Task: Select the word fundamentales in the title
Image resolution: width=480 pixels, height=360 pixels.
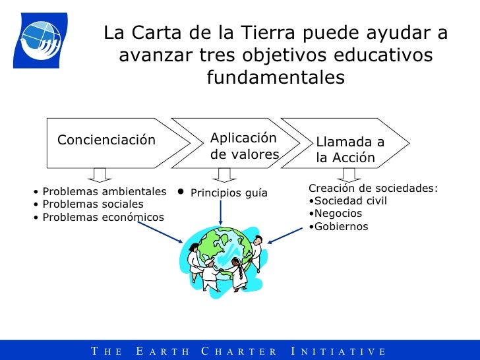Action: coord(275,78)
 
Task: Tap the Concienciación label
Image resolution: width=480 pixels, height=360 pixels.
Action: coord(107,140)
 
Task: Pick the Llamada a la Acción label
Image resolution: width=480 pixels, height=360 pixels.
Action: coord(349,150)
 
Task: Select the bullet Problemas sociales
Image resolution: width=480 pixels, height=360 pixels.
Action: coord(92,204)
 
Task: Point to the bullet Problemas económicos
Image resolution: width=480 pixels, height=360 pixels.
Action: coord(103,218)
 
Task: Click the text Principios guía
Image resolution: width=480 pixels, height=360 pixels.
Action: coord(228,193)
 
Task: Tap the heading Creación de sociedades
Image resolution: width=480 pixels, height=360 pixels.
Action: coord(373,189)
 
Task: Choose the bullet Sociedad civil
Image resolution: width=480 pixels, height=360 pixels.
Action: coord(350,201)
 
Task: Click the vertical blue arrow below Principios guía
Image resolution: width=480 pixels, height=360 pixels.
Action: coord(220,213)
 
